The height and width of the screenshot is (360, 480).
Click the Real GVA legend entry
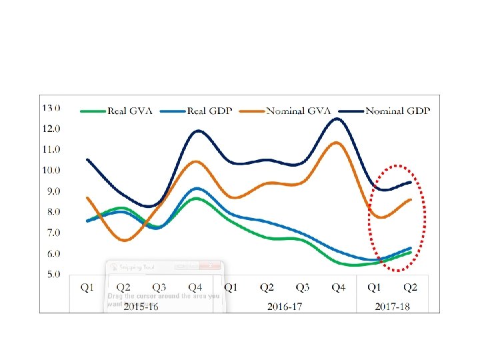[129, 111]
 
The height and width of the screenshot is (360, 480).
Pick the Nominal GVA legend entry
[297, 111]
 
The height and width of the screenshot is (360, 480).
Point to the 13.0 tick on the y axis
[51, 107]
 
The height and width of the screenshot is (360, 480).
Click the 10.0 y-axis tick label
[51, 170]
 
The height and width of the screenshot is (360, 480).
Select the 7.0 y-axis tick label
[51, 233]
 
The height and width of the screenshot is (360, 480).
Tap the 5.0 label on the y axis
[51, 274]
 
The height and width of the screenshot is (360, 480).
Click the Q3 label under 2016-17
[302, 287]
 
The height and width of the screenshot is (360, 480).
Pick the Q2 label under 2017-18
[410, 287]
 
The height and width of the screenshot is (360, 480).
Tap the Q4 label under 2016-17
[338, 287]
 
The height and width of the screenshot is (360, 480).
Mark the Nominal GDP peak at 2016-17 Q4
[336, 119]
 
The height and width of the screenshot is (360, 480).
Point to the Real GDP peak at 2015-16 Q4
[196, 188]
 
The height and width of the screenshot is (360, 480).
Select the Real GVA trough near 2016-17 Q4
[353, 265]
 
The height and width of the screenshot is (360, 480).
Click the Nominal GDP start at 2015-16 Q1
[87, 159]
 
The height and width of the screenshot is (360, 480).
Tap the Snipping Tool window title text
[137, 267]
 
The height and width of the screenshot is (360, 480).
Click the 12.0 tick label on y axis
[51, 128]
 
